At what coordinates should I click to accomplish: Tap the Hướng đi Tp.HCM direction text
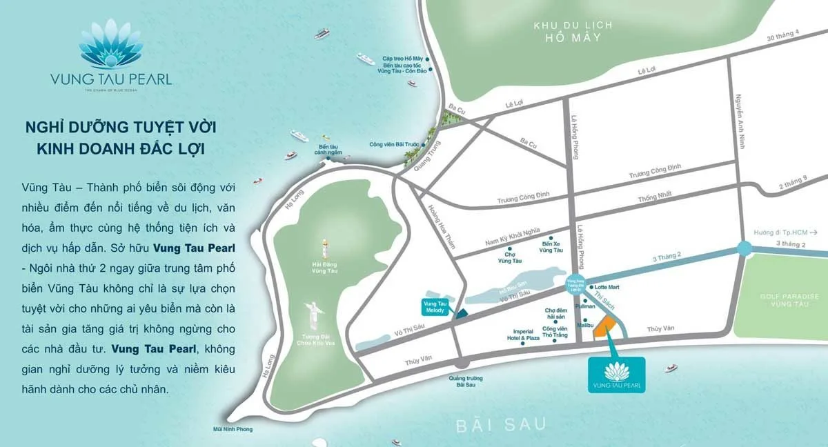click(x=784, y=232)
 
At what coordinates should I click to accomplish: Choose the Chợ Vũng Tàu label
click(x=510, y=257)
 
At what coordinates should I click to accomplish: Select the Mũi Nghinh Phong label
click(x=233, y=429)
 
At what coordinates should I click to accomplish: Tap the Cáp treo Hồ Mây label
click(x=403, y=59)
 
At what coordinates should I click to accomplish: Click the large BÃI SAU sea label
click(x=500, y=424)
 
